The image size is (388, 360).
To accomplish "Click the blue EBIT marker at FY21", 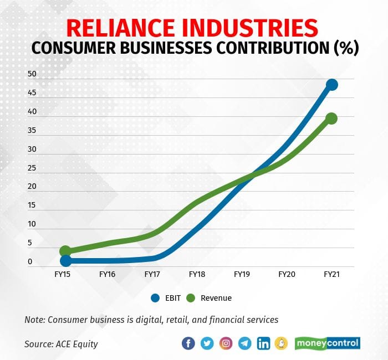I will tap(331, 85).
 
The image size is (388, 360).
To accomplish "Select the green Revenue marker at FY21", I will tap(331, 118).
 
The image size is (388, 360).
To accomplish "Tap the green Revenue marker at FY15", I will tap(65, 251).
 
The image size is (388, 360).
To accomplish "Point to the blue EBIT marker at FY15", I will tap(65, 260).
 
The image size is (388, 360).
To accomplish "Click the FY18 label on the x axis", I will tap(197, 274).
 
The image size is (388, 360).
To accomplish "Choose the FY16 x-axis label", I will tap(107, 274).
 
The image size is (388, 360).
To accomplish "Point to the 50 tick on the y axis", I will tap(32, 74).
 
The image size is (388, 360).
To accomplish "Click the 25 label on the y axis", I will tap(32, 168).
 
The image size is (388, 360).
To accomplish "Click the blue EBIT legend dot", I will tap(156, 298).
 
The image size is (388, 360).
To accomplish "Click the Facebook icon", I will tap(188, 343).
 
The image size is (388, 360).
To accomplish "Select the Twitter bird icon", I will tap(207, 343).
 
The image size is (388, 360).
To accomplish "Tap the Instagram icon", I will tap(226, 343).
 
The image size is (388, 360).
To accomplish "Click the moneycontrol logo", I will tap(327, 343).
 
